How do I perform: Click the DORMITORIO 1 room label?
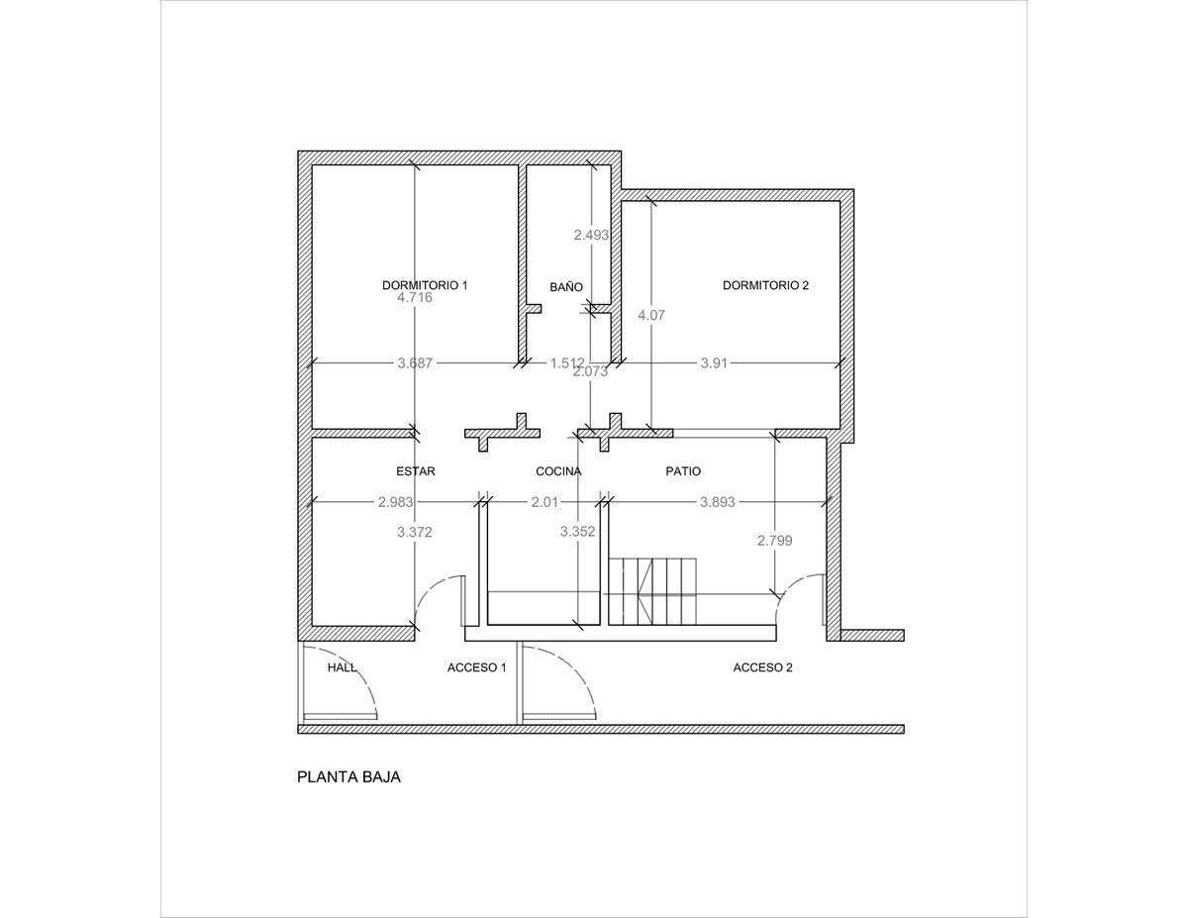(x=425, y=285)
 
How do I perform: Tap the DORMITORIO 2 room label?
(x=765, y=285)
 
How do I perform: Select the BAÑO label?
(x=566, y=287)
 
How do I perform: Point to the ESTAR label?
(x=416, y=471)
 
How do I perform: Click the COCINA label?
(x=558, y=471)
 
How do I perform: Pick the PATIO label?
(x=683, y=471)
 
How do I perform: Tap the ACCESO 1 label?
(x=477, y=667)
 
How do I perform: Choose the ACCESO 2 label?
(x=762, y=667)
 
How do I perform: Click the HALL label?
(x=342, y=667)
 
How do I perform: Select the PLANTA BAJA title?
(x=348, y=777)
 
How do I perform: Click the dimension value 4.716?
(x=415, y=298)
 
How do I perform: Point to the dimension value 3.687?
(x=415, y=363)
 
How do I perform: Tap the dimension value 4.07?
(x=651, y=316)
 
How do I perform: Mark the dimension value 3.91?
(x=714, y=363)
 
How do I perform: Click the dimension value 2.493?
(x=591, y=235)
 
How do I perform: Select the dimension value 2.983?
(x=395, y=502)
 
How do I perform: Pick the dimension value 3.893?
(x=718, y=502)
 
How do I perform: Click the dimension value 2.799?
(x=775, y=541)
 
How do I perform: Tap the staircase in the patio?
(x=652, y=591)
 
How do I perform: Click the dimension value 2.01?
(x=545, y=502)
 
